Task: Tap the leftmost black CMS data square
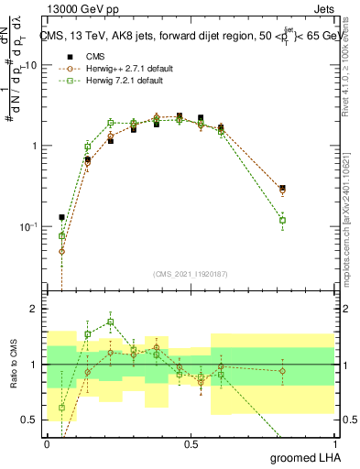click(x=61, y=217)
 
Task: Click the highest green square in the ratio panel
click(x=111, y=322)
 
